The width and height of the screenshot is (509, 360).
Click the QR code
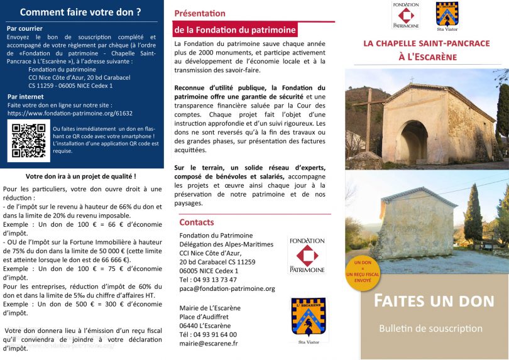(x=28, y=139)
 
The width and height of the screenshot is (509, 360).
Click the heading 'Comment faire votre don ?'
(x=80, y=12)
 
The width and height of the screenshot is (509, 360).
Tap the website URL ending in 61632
(x=70, y=114)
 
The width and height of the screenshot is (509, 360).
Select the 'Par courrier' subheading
(x=25, y=28)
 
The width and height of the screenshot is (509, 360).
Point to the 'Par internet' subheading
(x=26, y=97)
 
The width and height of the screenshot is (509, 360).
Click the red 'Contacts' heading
(x=197, y=222)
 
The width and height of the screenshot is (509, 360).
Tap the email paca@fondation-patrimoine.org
(x=227, y=288)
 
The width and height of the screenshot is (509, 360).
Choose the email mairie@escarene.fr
(x=209, y=344)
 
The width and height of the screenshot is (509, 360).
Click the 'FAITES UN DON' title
(x=434, y=300)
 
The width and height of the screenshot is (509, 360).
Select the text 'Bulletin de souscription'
(x=430, y=329)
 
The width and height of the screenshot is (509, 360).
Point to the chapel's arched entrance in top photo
(x=413, y=142)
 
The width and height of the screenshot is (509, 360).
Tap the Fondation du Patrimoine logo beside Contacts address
(x=307, y=254)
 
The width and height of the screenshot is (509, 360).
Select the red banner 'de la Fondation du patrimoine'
(x=234, y=29)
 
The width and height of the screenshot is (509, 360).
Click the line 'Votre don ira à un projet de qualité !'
(x=81, y=177)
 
